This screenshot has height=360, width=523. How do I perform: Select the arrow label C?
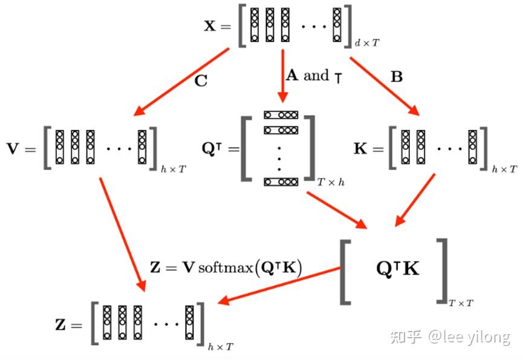pyautogui.click(x=201, y=81)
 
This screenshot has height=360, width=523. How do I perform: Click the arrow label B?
pyautogui.click(x=397, y=77)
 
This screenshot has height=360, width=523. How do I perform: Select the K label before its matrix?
pyautogui.click(x=360, y=148)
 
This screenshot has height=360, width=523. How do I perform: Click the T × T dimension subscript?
pyautogui.click(x=461, y=301)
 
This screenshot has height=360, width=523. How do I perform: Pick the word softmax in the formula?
pyautogui.click(x=226, y=267)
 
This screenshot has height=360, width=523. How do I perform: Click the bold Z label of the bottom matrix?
pyautogui.click(x=60, y=325)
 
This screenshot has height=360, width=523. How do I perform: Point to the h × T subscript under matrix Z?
pyautogui.click(x=220, y=347)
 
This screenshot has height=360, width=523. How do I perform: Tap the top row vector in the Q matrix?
pyautogui.click(x=281, y=115)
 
